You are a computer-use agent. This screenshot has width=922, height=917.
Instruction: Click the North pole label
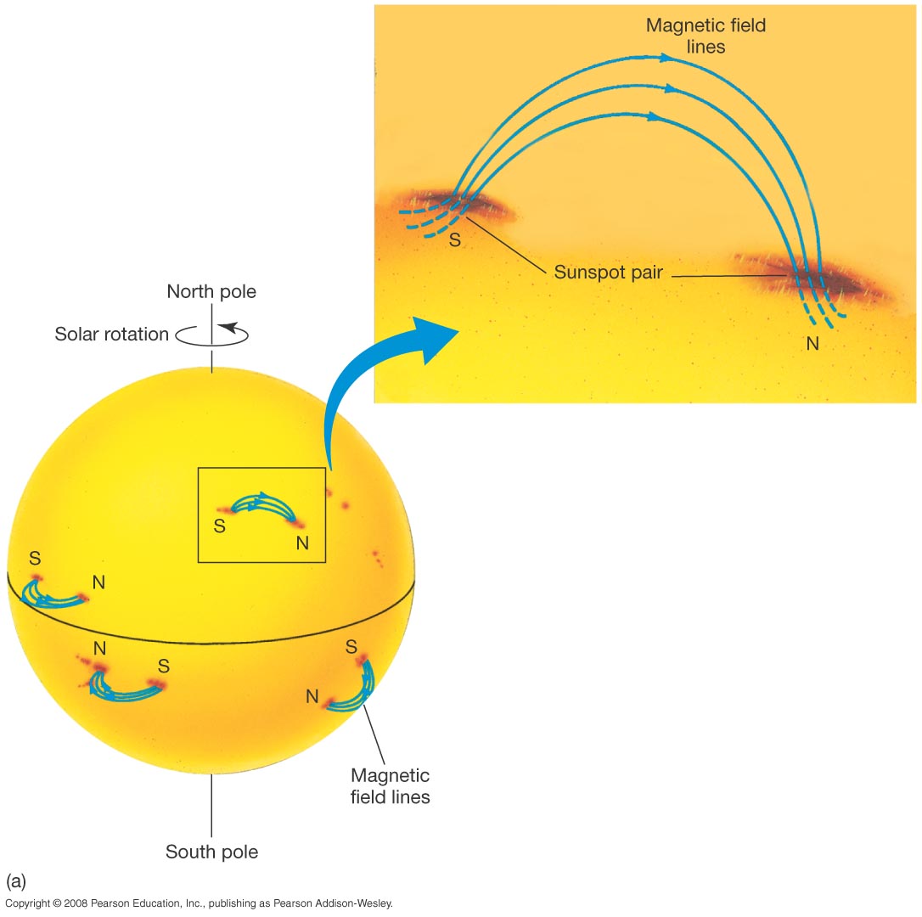211,292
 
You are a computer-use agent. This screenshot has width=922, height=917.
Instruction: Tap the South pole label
211,852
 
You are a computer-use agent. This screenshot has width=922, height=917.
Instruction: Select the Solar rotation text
112,335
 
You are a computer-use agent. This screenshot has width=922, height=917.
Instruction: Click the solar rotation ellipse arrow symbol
212,335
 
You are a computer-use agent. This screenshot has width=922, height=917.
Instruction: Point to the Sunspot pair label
608,273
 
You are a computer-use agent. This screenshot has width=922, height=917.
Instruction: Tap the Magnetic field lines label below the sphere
391,786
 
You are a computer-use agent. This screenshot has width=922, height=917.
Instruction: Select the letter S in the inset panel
455,240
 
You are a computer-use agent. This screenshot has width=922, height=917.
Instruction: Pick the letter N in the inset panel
812,344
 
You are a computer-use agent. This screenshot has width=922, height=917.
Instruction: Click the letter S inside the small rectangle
219,526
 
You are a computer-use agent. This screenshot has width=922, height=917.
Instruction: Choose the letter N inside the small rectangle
303,543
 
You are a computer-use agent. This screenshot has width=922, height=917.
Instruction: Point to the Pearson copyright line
199,904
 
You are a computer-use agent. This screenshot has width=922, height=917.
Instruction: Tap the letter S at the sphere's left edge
35,559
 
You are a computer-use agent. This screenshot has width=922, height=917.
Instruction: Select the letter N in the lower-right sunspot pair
312,697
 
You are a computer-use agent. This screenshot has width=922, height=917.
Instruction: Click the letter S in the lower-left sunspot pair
164,665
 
